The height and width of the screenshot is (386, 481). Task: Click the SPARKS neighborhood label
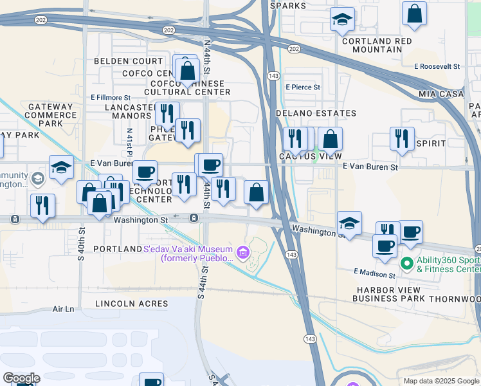tap(288, 5)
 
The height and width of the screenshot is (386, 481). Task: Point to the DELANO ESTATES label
tap(316, 113)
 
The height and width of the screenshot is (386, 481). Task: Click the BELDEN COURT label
tap(129, 61)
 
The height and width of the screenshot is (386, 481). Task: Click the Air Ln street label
tap(64, 309)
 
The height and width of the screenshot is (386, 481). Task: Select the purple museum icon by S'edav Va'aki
tap(243, 252)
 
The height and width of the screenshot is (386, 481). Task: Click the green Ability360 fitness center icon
tap(406, 263)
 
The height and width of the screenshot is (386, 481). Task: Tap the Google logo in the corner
tap(21, 378)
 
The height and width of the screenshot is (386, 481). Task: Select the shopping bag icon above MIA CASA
tap(415, 13)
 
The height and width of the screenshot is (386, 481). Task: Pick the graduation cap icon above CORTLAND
tap(342, 19)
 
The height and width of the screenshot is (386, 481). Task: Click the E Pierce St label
tap(303, 87)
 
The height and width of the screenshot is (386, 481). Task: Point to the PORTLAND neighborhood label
tap(117, 249)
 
